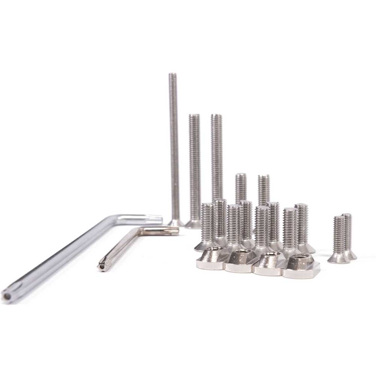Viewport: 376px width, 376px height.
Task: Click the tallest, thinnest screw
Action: pyautogui.click(x=174, y=150)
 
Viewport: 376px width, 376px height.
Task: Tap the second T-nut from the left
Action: pyautogui.click(x=241, y=261)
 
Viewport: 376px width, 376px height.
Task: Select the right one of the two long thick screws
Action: pyautogui.click(x=216, y=158)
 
